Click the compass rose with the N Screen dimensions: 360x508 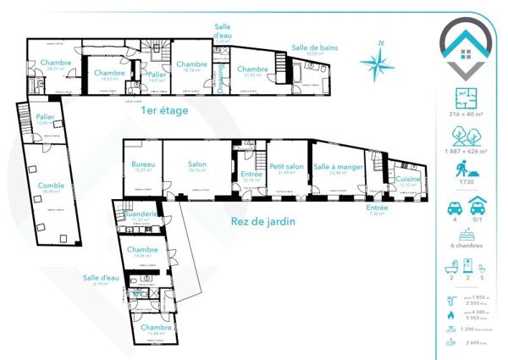(x=378, y=61)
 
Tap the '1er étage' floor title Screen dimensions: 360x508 (x=164, y=110)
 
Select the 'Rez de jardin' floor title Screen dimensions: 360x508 (x=262, y=222)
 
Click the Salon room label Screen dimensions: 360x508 (x=198, y=164)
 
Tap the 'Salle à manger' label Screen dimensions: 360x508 (x=338, y=167)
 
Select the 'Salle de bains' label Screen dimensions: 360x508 (x=314, y=48)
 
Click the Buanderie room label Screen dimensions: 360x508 (x=141, y=215)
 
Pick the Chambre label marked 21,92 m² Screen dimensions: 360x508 (x=252, y=69)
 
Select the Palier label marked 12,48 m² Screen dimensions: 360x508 (x=46, y=117)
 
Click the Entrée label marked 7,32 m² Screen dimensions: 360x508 (x=377, y=208)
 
